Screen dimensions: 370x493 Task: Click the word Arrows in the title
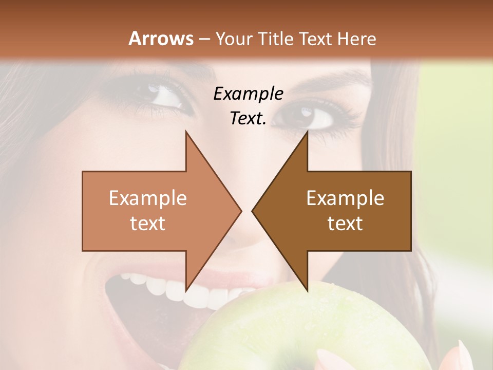pos(161,39)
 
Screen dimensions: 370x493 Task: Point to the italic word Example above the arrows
pos(248,94)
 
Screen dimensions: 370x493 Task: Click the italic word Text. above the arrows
pos(248,118)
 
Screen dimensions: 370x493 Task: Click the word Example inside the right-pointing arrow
pos(148,198)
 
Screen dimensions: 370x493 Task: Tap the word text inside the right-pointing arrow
pos(148,223)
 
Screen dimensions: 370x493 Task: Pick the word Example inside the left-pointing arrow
pos(345,198)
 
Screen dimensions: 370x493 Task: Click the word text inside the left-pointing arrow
pos(345,223)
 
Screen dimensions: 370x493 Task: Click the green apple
pos(308,334)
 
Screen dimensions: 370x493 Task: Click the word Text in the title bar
pos(316,39)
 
